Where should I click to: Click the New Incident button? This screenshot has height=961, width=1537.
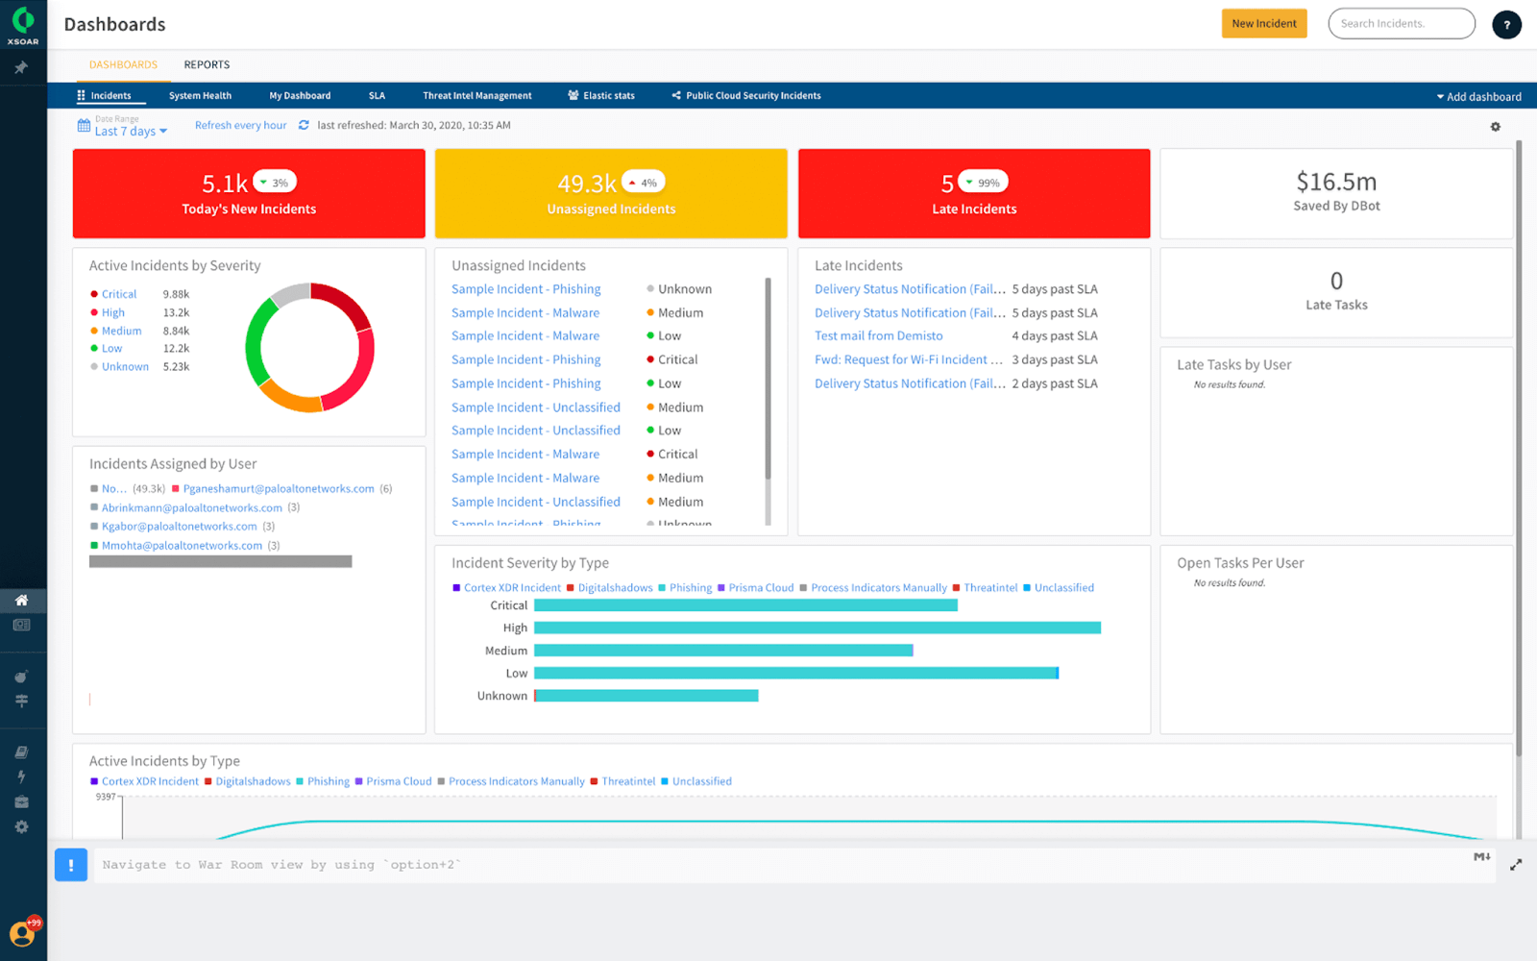tap(1263, 24)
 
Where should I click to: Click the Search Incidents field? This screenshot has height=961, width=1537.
tap(1401, 24)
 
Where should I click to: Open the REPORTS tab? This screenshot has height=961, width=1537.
tap(207, 65)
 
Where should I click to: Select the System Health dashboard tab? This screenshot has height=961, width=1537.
tap(200, 96)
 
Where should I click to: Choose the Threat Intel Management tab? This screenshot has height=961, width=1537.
tap(476, 96)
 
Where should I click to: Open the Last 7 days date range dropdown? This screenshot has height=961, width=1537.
tap(130, 131)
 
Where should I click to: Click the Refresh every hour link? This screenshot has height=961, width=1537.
tap(240, 126)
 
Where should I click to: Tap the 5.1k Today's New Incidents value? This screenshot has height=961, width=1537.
tap(225, 184)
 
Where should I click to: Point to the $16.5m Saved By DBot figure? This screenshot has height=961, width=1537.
tap(1335, 183)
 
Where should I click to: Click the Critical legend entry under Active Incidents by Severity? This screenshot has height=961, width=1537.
tap(119, 295)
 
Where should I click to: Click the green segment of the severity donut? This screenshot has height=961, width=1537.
tap(255, 348)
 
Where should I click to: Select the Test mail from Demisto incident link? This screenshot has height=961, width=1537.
tap(878, 336)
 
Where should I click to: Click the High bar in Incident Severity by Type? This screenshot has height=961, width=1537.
tap(817, 628)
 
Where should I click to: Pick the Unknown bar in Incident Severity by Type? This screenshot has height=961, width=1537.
tap(646, 696)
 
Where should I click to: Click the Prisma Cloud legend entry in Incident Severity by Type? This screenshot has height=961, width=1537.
tap(761, 588)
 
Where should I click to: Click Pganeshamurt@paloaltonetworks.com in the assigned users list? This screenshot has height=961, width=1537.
tap(279, 489)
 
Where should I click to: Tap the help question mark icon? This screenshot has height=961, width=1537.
tap(1506, 25)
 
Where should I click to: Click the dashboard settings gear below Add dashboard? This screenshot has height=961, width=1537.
tap(1495, 127)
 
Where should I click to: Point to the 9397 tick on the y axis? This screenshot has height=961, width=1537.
tap(106, 797)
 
